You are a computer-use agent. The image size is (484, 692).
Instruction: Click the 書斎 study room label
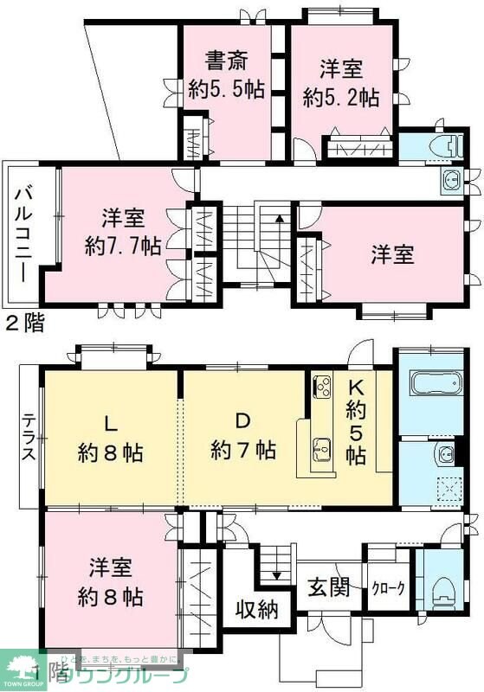point(226,61)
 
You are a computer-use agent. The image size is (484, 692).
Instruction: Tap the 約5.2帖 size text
point(340,97)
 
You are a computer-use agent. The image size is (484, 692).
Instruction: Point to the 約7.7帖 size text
point(123,245)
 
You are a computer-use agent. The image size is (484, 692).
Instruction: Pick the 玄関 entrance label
point(329,587)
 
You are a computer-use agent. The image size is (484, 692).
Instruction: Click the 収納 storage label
point(258,610)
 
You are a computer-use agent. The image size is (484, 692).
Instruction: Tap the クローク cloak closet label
point(388,588)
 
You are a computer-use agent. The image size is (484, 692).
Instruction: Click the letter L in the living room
point(110,423)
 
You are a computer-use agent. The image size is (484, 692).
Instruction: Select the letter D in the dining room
point(243,422)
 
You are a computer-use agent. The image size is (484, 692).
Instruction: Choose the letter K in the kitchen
point(356,387)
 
